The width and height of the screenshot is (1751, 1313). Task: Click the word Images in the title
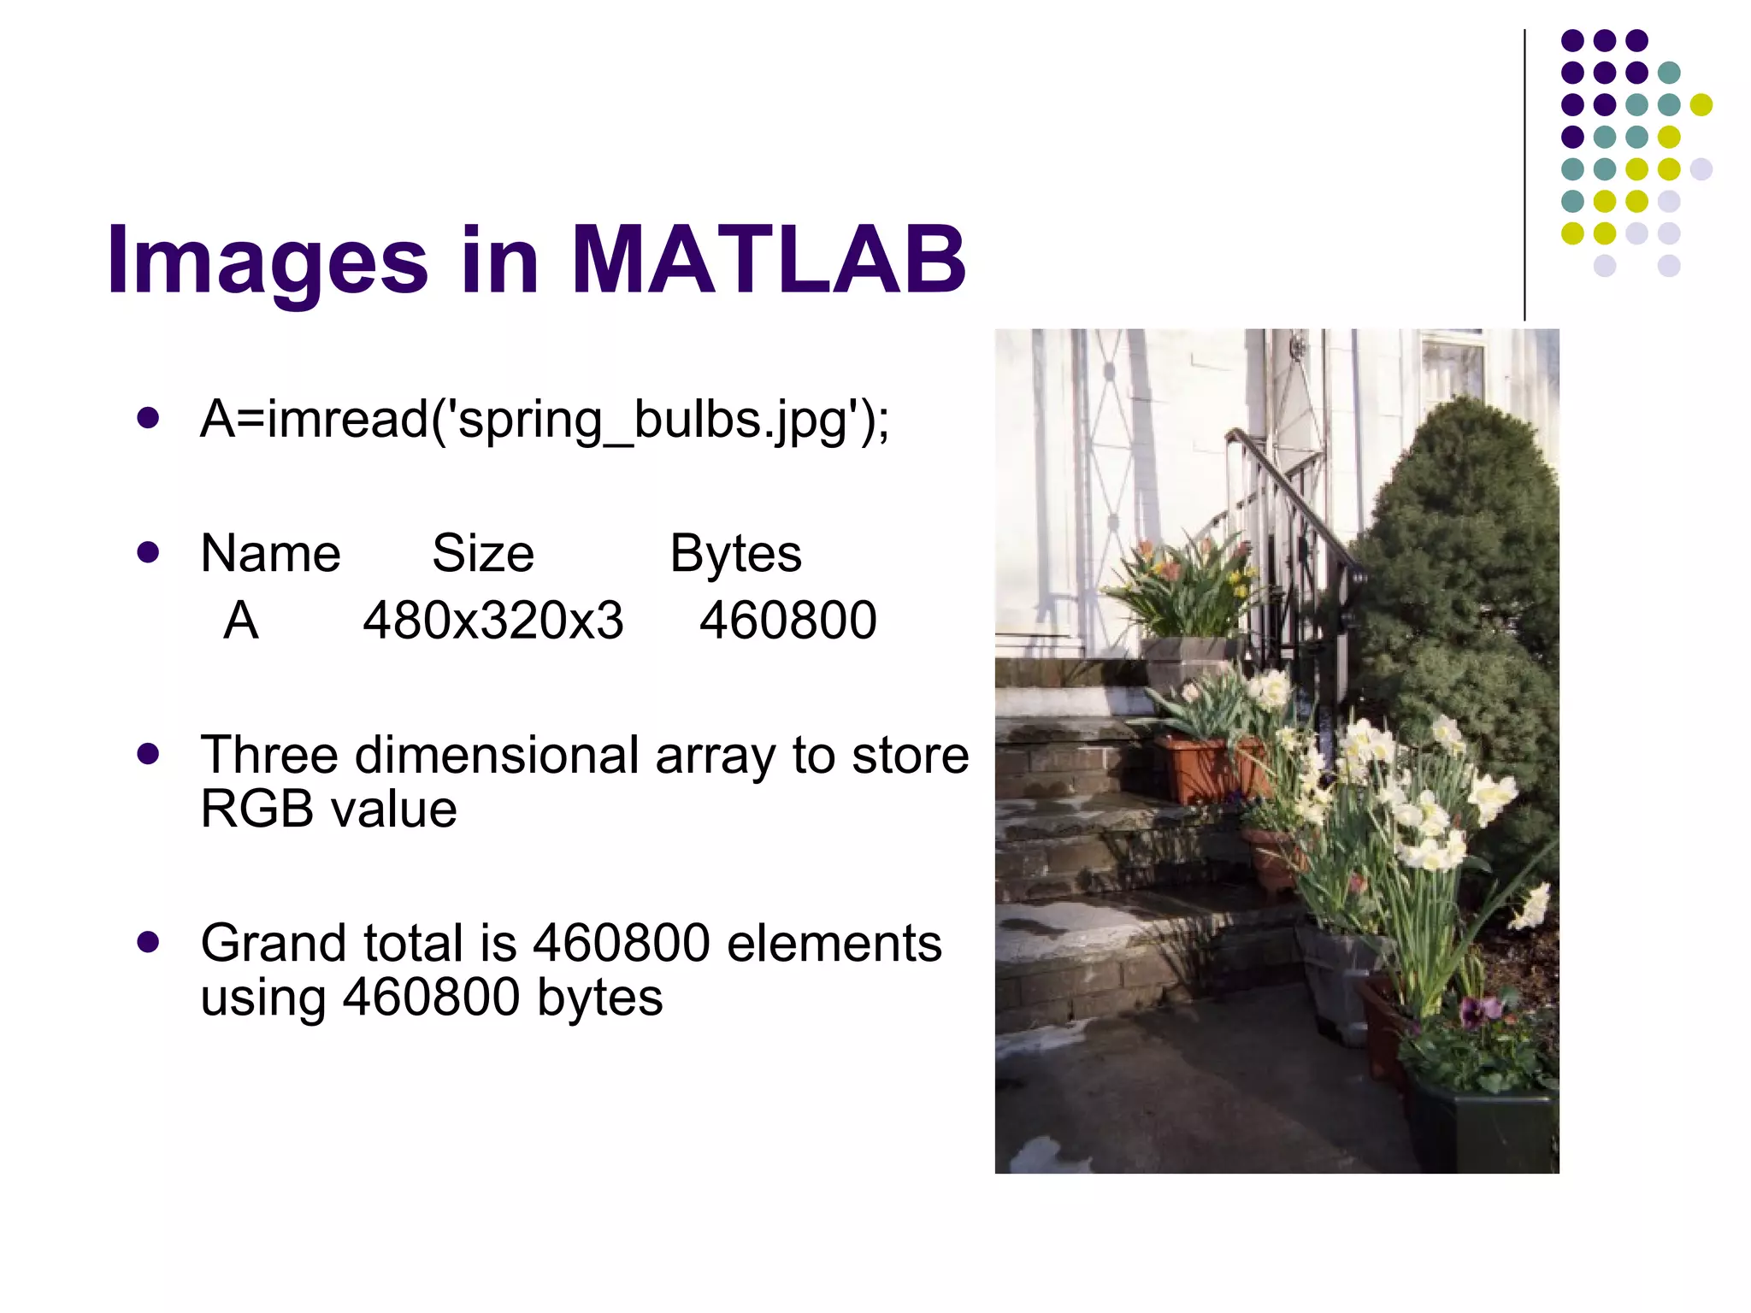(x=267, y=262)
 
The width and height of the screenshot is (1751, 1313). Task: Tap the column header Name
(x=270, y=554)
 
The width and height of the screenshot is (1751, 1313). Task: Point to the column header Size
(x=483, y=554)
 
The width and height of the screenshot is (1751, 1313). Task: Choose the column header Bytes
(x=735, y=554)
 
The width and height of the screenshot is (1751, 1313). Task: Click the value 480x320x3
(x=493, y=621)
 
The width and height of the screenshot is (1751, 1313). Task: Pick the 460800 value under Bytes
(x=787, y=621)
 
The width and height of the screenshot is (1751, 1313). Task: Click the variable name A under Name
(x=241, y=621)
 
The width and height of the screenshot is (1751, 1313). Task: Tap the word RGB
(x=256, y=809)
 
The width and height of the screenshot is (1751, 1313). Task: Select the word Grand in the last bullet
(x=274, y=944)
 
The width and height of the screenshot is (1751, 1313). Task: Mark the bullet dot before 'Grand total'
(x=148, y=942)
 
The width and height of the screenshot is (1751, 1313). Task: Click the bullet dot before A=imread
(x=148, y=419)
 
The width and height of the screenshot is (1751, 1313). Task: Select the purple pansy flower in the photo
(x=1472, y=1013)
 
